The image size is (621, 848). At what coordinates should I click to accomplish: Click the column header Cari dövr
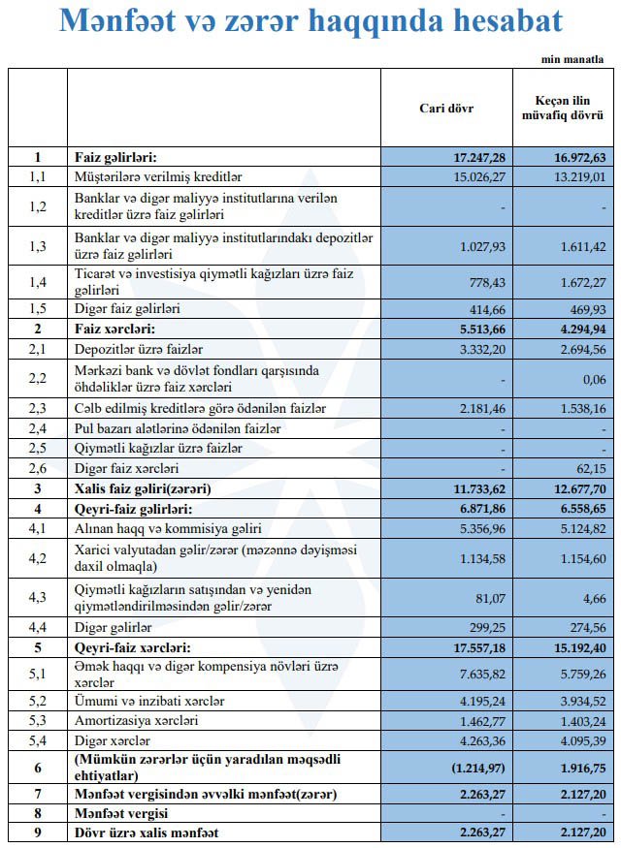445,108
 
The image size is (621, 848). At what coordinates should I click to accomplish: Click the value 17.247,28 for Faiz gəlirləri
479,157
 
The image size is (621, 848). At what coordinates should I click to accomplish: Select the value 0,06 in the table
592,380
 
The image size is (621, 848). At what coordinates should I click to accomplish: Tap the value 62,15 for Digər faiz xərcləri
588,468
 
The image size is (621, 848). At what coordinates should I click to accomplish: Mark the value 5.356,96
480,528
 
